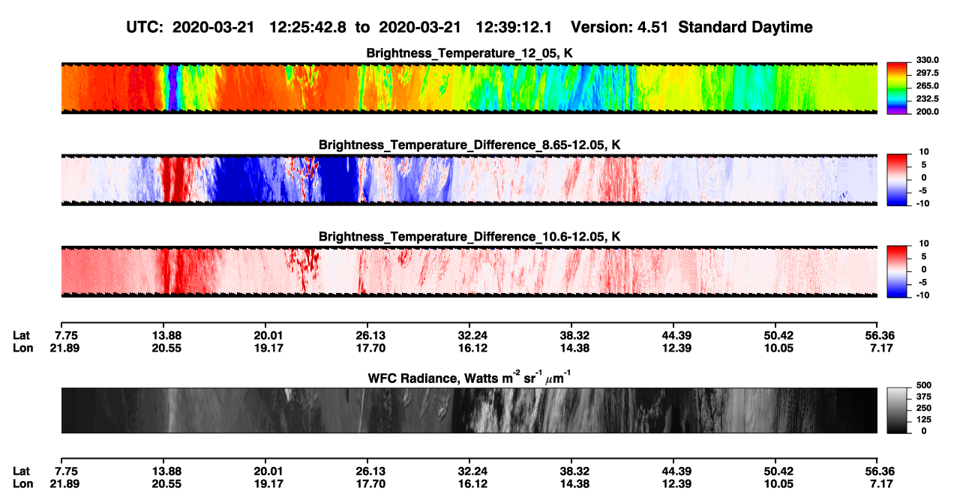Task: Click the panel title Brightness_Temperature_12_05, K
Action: click(x=469, y=53)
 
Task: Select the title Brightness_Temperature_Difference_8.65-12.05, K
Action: click(x=469, y=145)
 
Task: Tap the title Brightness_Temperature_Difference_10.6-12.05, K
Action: click(x=469, y=237)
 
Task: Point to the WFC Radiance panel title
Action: click(x=469, y=377)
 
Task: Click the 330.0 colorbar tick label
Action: click(x=927, y=60)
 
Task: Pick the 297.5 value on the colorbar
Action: click(x=927, y=73)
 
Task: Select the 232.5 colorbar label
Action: click(x=927, y=99)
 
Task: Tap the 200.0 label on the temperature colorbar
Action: click(x=927, y=112)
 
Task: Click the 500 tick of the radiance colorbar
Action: click(x=924, y=385)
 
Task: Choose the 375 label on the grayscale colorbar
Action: click(x=924, y=397)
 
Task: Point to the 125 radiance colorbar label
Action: click(x=924, y=420)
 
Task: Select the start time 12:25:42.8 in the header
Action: click(x=307, y=28)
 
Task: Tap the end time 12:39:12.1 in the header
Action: click(x=514, y=28)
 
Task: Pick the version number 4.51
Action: click(x=652, y=28)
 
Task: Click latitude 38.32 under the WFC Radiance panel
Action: click(x=574, y=472)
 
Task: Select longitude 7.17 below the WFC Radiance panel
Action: click(x=881, y=484)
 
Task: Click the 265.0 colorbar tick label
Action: click(x=927, y=85)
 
